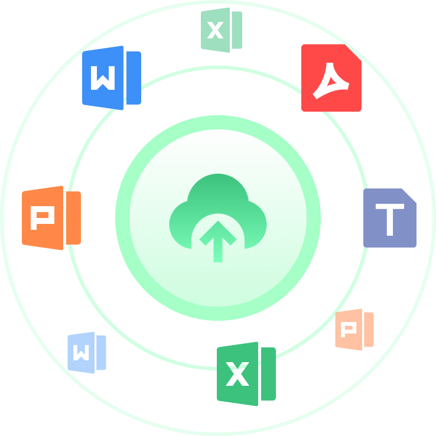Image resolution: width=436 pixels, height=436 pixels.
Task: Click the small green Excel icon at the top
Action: [221, 30]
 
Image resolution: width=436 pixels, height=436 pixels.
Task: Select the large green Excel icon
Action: [246, 373]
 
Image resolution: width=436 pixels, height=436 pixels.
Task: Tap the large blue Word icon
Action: [111, 78]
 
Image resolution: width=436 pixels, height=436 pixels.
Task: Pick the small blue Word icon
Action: [86, 353]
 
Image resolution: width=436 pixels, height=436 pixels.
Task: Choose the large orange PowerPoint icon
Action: [51, 217]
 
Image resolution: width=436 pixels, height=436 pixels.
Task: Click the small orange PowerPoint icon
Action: [354, 329]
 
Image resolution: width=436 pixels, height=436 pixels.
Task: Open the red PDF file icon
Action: [331, 78]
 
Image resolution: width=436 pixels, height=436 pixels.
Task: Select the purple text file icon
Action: [389, 218]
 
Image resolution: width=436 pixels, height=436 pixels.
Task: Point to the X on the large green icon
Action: [237, 375]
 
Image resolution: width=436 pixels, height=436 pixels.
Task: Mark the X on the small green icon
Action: [216, 30]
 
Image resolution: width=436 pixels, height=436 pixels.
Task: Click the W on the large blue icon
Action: [103, 78]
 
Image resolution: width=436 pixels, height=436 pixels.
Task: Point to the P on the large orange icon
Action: [42, 218]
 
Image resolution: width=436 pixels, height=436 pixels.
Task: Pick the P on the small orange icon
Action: [349, 329]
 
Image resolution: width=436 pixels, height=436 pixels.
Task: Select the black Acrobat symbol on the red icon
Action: [331, 80]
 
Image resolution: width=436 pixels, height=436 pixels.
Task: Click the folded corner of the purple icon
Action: [410, 196]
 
